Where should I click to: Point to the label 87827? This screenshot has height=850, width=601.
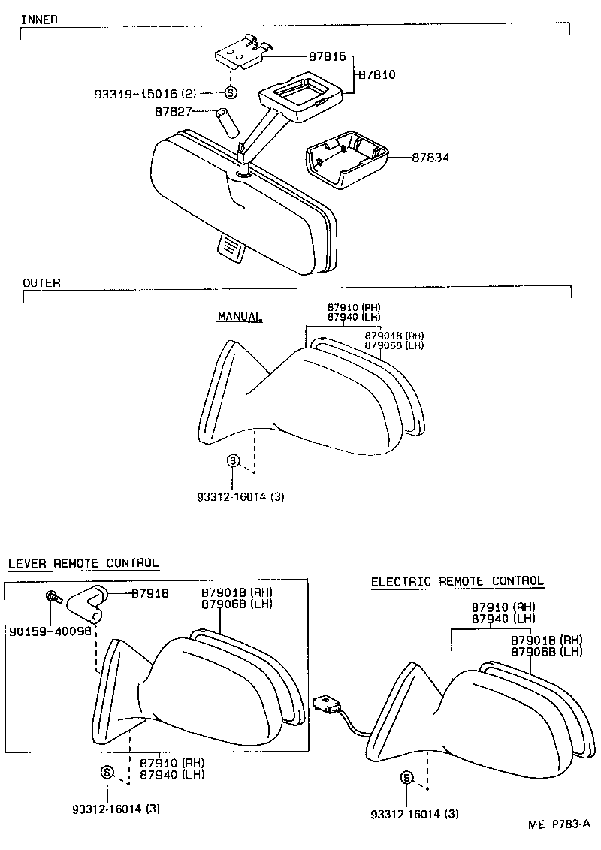174,112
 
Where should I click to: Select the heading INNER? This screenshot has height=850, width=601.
40,19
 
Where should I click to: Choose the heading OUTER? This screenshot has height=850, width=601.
41,283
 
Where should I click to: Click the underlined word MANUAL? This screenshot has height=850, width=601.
240,316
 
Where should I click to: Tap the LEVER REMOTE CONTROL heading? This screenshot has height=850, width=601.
83,563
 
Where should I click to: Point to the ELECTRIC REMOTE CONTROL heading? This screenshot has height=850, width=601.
457,581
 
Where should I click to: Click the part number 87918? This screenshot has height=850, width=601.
149,593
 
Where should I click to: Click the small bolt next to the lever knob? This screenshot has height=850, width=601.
53,598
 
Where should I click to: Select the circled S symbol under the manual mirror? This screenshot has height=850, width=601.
233,461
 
